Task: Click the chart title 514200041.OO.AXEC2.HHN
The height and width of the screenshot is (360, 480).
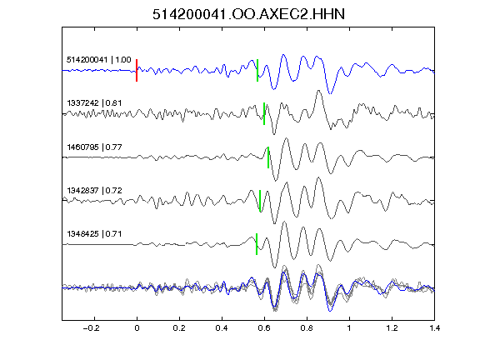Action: (248, 14)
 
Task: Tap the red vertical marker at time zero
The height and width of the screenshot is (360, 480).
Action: (137, 70)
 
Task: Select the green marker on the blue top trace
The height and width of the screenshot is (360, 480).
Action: (257, 70)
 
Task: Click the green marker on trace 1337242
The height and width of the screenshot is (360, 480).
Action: (264, 113)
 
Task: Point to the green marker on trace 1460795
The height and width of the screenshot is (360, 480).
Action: (268, 157)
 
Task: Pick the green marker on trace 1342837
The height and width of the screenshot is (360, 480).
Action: (260, 201)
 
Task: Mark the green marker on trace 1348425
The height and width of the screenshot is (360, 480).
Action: (257, 244)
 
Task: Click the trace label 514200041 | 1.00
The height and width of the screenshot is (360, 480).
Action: (99, 60)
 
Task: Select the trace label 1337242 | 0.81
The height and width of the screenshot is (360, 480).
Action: (94, 103)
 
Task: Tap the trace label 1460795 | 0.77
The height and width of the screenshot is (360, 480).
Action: (94, 147)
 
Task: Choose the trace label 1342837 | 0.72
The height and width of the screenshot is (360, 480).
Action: (94, 191)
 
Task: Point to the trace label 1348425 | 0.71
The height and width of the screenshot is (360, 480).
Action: (94, 234)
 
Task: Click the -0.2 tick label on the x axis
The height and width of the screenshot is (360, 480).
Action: (92, 328)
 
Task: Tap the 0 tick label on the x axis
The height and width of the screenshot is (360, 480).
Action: (137, 328)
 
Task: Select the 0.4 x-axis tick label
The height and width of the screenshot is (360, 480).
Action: (222, 328)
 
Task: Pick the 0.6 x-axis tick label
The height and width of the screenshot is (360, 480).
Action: (264, 328)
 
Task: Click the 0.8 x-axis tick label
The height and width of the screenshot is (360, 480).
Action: (307, 328)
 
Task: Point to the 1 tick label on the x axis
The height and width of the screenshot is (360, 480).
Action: (349, 328)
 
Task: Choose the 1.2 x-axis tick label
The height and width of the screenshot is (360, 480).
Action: (392, 328)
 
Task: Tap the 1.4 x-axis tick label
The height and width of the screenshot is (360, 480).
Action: (434, 328)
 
